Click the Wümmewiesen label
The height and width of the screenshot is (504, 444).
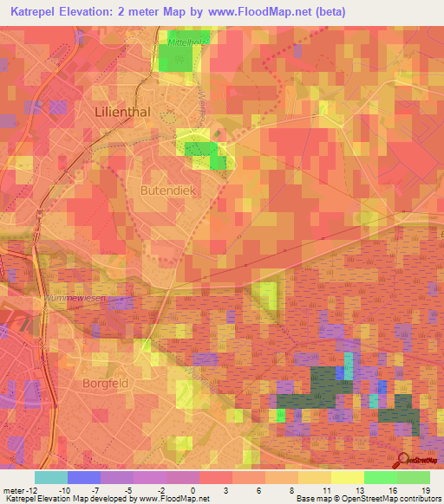pyautogui.click(x=75, y=298)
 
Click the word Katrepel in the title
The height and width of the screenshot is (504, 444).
pyautogui.click(x=39, y=12)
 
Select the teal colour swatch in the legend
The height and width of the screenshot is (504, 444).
pyautogui.click(x=51, y=477)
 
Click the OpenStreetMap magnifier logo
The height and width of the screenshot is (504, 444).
pyautogui.click(x=404, y=462)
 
